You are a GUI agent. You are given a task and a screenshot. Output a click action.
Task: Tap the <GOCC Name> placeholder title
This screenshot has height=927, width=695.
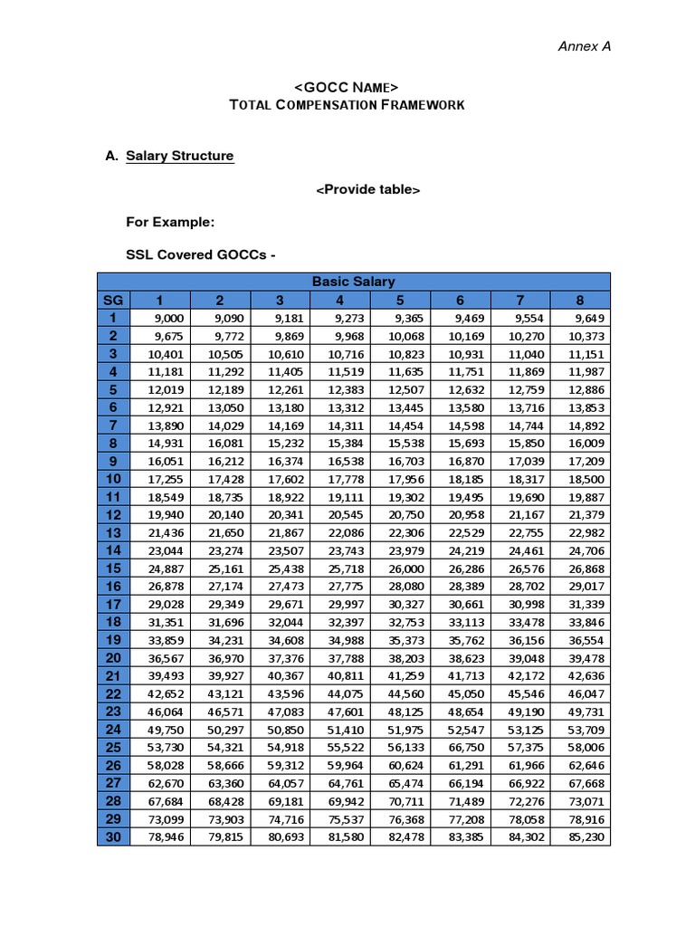(x=347, y=87)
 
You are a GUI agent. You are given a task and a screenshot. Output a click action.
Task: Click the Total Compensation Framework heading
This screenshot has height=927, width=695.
(x=347, y=105)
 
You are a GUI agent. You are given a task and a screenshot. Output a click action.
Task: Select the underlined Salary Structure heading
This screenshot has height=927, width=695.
(x=179, y=156)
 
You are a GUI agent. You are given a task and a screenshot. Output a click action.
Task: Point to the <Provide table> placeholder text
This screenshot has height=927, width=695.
(x=367, y=189)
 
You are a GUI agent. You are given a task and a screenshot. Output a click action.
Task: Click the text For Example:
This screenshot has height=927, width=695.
(x=170, y=222)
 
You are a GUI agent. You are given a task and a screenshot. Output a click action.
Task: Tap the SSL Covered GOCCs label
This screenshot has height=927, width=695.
(x=199, y=254)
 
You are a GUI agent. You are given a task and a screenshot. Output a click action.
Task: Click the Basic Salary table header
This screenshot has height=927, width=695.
(x=353, y=282)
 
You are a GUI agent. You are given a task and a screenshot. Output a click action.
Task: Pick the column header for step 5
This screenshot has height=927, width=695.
(x=399, y=300)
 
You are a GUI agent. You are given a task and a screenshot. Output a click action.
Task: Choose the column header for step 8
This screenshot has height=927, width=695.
(x=580, y=300)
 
